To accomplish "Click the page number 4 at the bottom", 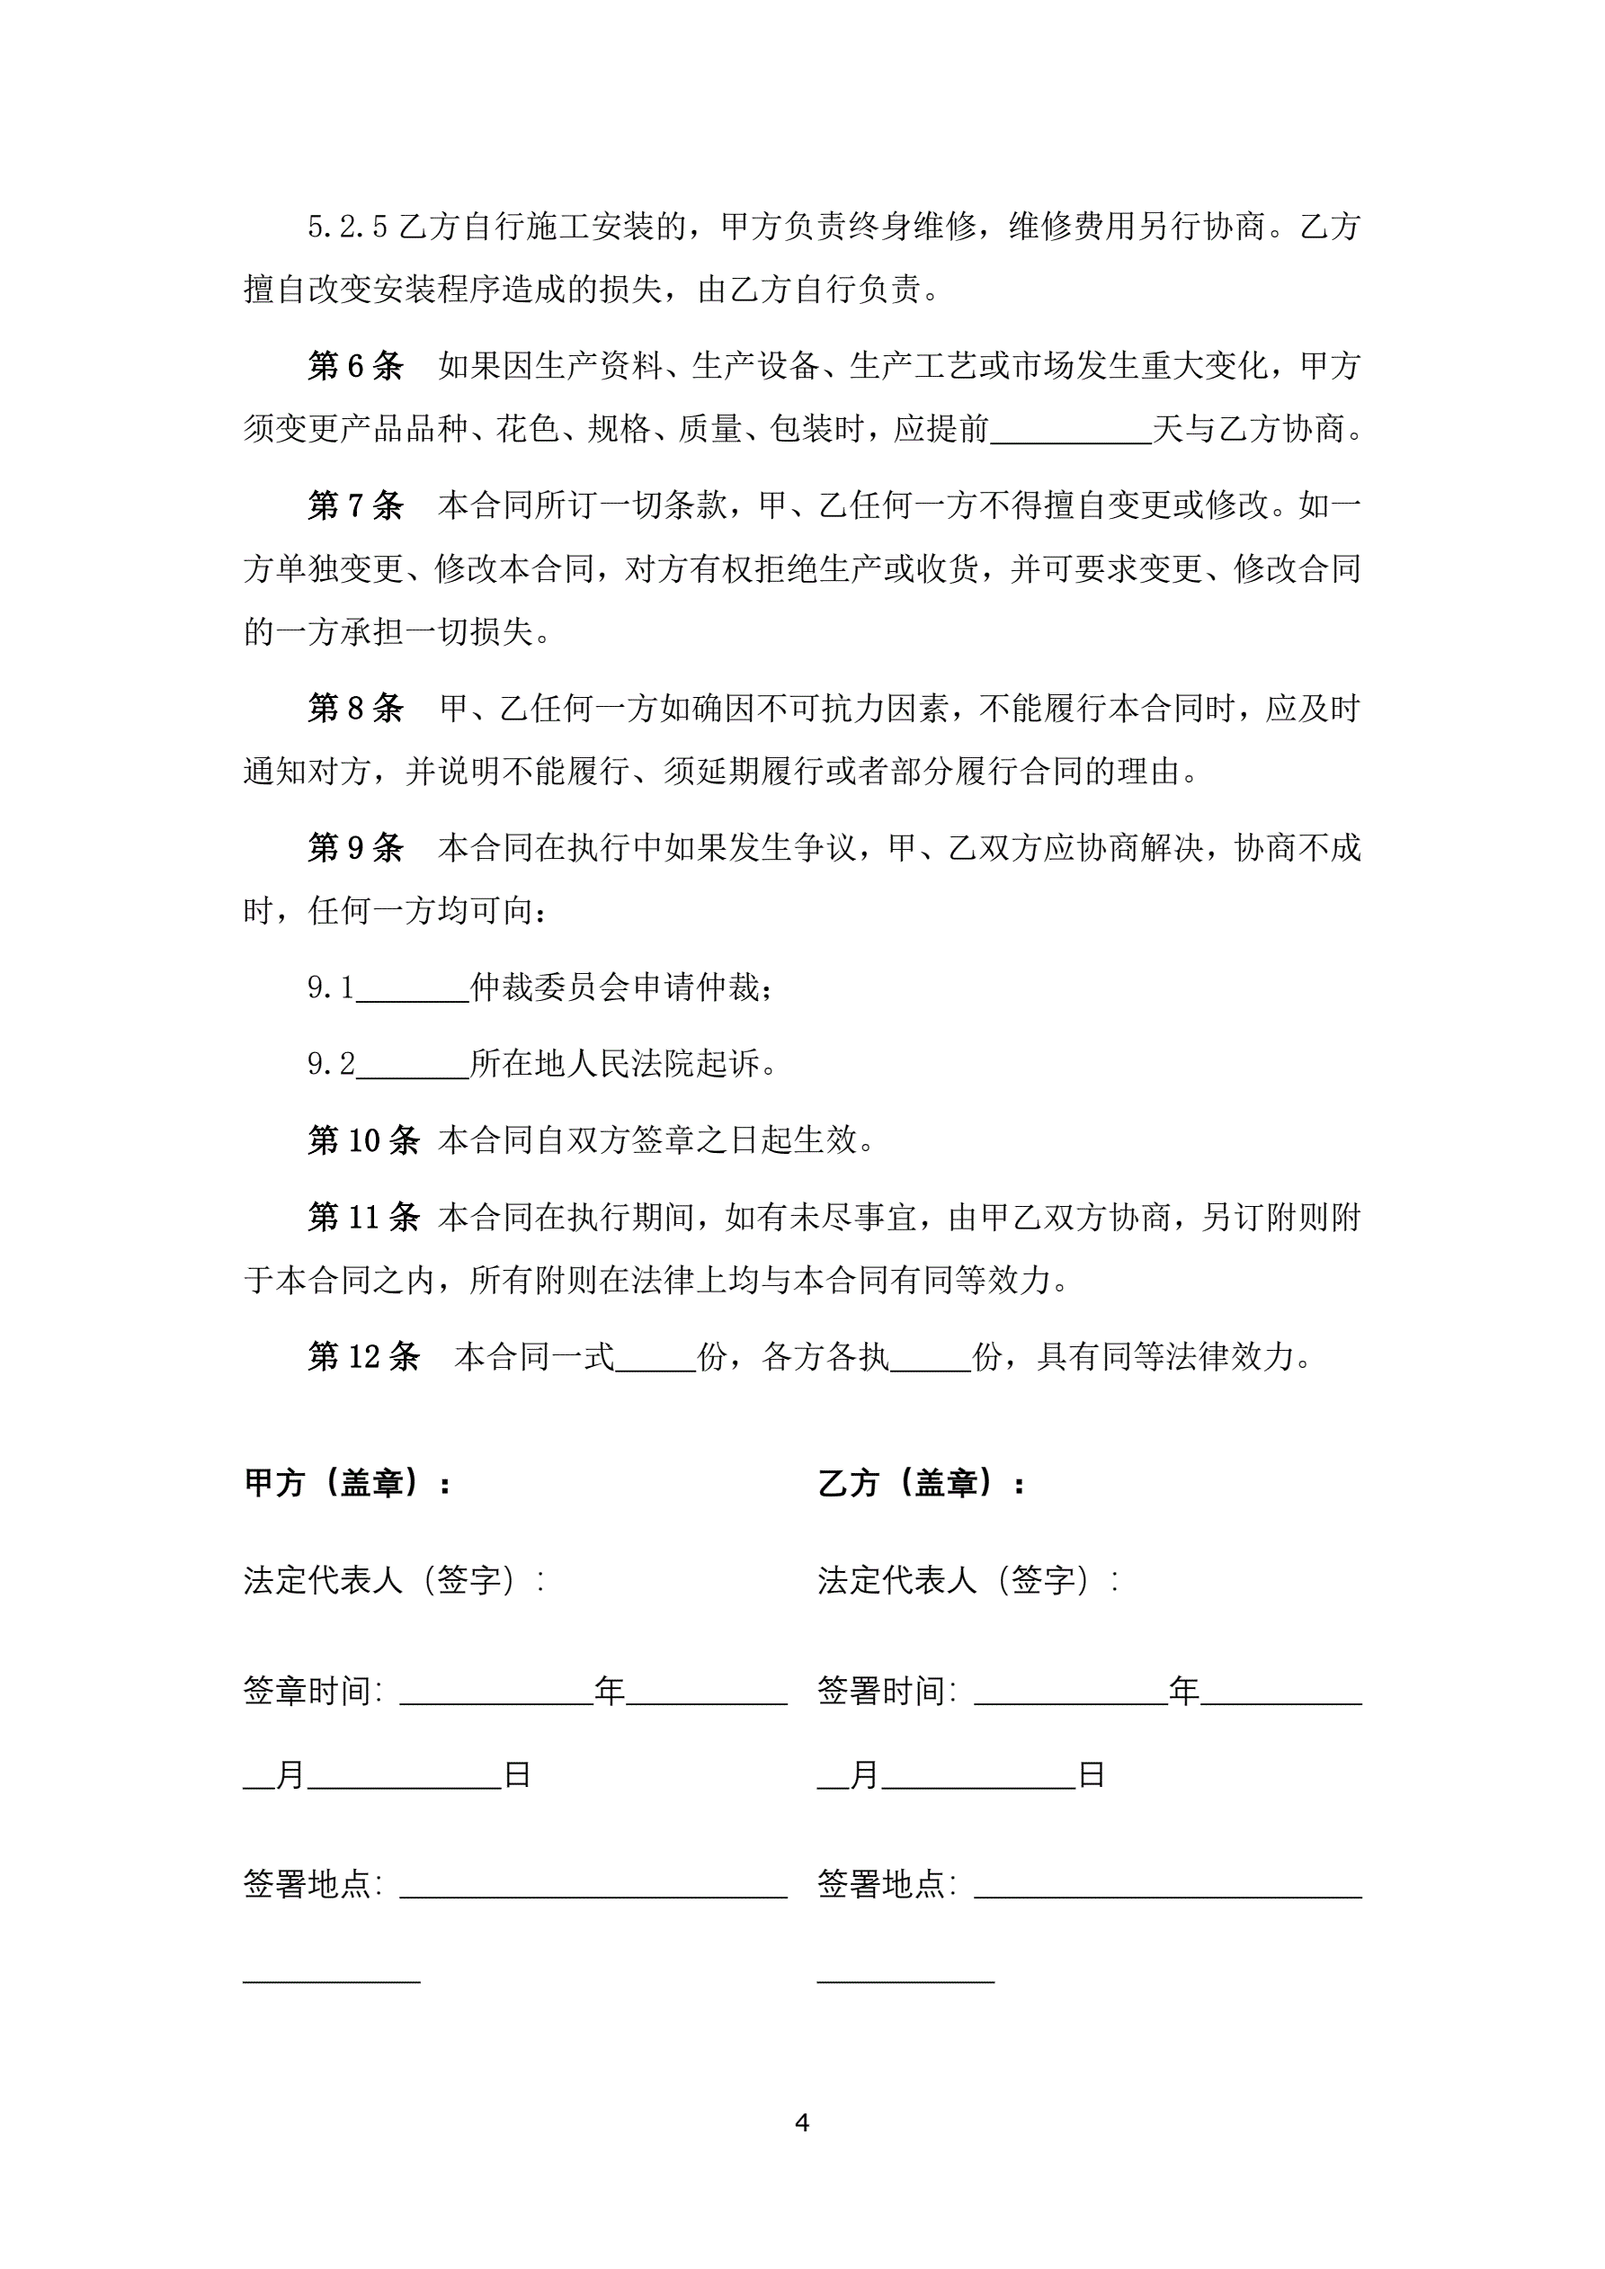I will (x=801, y=2122).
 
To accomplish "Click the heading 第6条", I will (x=356, y=367).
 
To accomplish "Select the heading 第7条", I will (x=356, y=506).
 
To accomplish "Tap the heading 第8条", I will (x=356, y=709).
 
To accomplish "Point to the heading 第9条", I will (x=356, y=848).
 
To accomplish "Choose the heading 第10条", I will (x=363, y=1140).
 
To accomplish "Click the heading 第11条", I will (x=363, y=1218).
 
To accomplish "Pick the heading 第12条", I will (x=363, y=1357).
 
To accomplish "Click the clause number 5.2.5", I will (x=347, y=228).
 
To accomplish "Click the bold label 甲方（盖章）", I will (x=347, y=1483).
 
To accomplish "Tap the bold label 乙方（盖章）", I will (x=921, y=1483).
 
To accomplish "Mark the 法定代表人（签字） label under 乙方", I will (x=967, y=1580).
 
